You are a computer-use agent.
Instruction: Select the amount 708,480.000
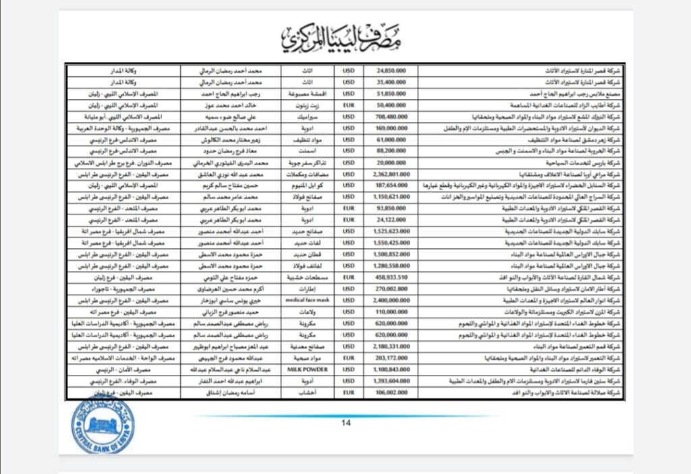pyautogui.click(x=389, y=117)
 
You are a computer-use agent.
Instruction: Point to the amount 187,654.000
pyautogui.click(x=389, y=183)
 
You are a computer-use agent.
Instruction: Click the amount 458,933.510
pyautogui.click(x=389, y=278)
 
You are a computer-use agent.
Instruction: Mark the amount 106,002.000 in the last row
pyautogui.click(x=389, y=392)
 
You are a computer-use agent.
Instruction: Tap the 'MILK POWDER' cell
pyautogui.click(x=308, y=372)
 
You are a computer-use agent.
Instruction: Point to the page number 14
pyautogui.click(x=345, y=423)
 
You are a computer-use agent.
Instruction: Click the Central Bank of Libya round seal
pyautogui.click(x=103, y=425)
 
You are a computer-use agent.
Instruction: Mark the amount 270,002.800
pyautogui.click(x=389, y=287)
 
